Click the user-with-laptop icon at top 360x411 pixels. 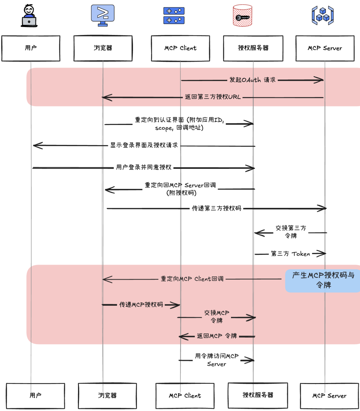click(x=29, y=16)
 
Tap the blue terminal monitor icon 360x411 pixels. click(x=103, y=15)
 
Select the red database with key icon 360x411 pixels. click(x=242, y=16)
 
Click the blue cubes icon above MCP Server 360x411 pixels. click(x=322, y=15)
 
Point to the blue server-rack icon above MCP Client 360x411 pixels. click(x=174, y=16)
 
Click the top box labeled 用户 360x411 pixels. click(x=31, y=48)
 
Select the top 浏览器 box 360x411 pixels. click(x=103, y=48)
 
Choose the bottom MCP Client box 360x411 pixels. click(x=185, y=396)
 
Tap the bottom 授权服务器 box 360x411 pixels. click(x=258, y=395)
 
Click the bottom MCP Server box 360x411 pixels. click(x=329, y=396)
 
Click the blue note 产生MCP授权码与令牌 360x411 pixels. click(x=323, y=280)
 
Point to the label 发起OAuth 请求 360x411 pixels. click(x=252, y=80)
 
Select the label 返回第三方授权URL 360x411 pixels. click(x=212, y=97)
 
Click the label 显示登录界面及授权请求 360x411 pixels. click(x=144, y=145)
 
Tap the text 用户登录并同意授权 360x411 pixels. click(x=144, y=167)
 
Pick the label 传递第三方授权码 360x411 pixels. click(x=216, y=208)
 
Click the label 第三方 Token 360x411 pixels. click(x=290, y=254)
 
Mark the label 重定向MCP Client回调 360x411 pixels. click(x=192, y=279)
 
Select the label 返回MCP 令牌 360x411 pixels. click(x=217, y=336)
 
